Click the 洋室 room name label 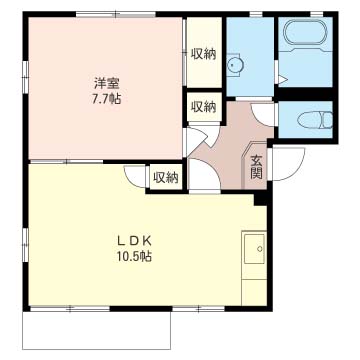coord(107,83)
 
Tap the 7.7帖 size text coord(106,99)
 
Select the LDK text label coord(134,241)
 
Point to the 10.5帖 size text coord(134,256)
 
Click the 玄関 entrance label coord(256,167)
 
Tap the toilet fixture coord(315,120)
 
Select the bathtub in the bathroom coord(305,33)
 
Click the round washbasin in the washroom coord(235,65)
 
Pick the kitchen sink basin coord(254,248)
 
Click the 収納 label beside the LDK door coord(166,178)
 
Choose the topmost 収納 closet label coord(203,54)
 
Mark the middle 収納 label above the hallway coord(203,107)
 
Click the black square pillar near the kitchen coord(260,199)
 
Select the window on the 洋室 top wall coord(116,14)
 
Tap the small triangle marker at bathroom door coord(283,79)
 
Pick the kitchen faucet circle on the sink coord(260,248)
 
